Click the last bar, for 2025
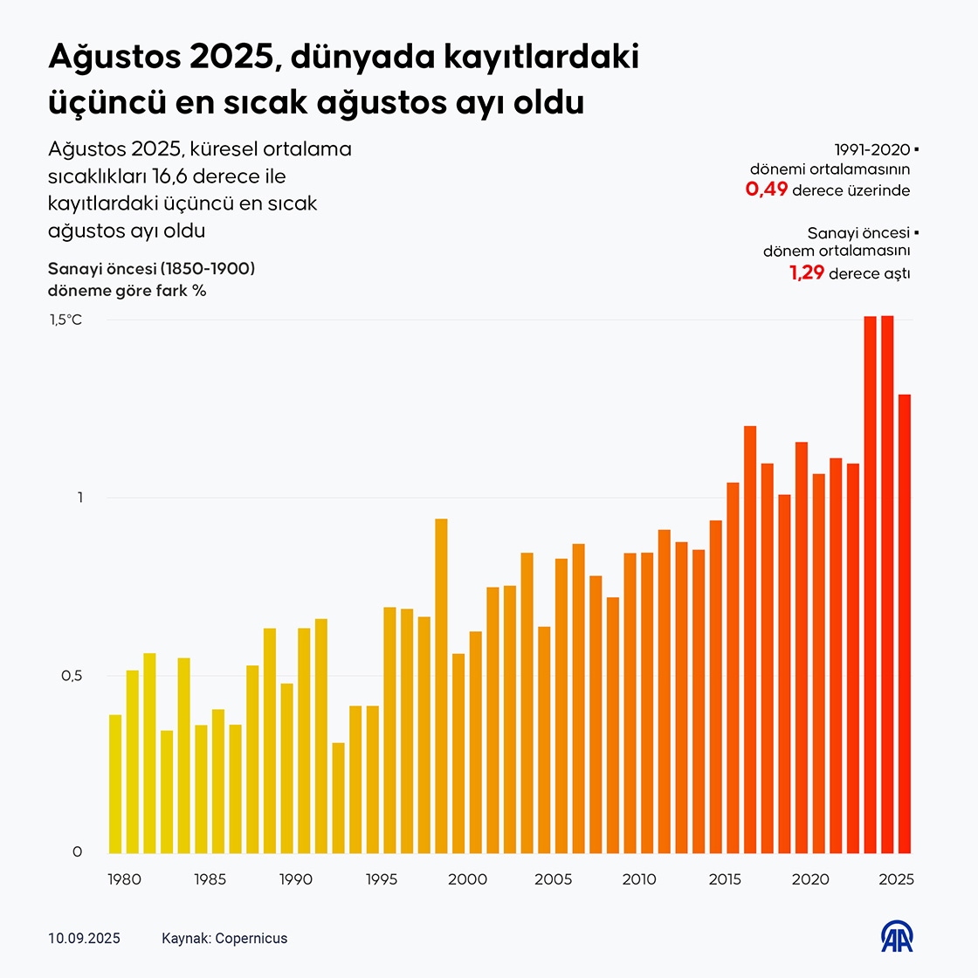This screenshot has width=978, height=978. point(905,623)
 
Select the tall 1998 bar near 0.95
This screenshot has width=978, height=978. point(441,685)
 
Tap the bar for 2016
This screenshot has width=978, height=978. point(750,639)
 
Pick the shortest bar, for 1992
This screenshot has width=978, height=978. point(338,797)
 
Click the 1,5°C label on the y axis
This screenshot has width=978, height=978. point(65,320)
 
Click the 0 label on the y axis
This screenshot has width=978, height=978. point(77,852)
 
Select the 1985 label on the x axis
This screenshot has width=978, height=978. point(209,879)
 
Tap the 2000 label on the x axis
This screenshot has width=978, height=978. point(467,879)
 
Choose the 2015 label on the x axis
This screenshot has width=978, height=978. point(725,879)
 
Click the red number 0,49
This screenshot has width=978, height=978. point(767,189)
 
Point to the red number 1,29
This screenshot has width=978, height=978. point(807,273)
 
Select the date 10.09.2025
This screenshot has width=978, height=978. point(85,939)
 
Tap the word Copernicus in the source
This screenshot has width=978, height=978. point(251,939)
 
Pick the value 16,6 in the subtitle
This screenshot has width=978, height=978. point(170,176)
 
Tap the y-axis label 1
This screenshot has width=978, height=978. point(79,498)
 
